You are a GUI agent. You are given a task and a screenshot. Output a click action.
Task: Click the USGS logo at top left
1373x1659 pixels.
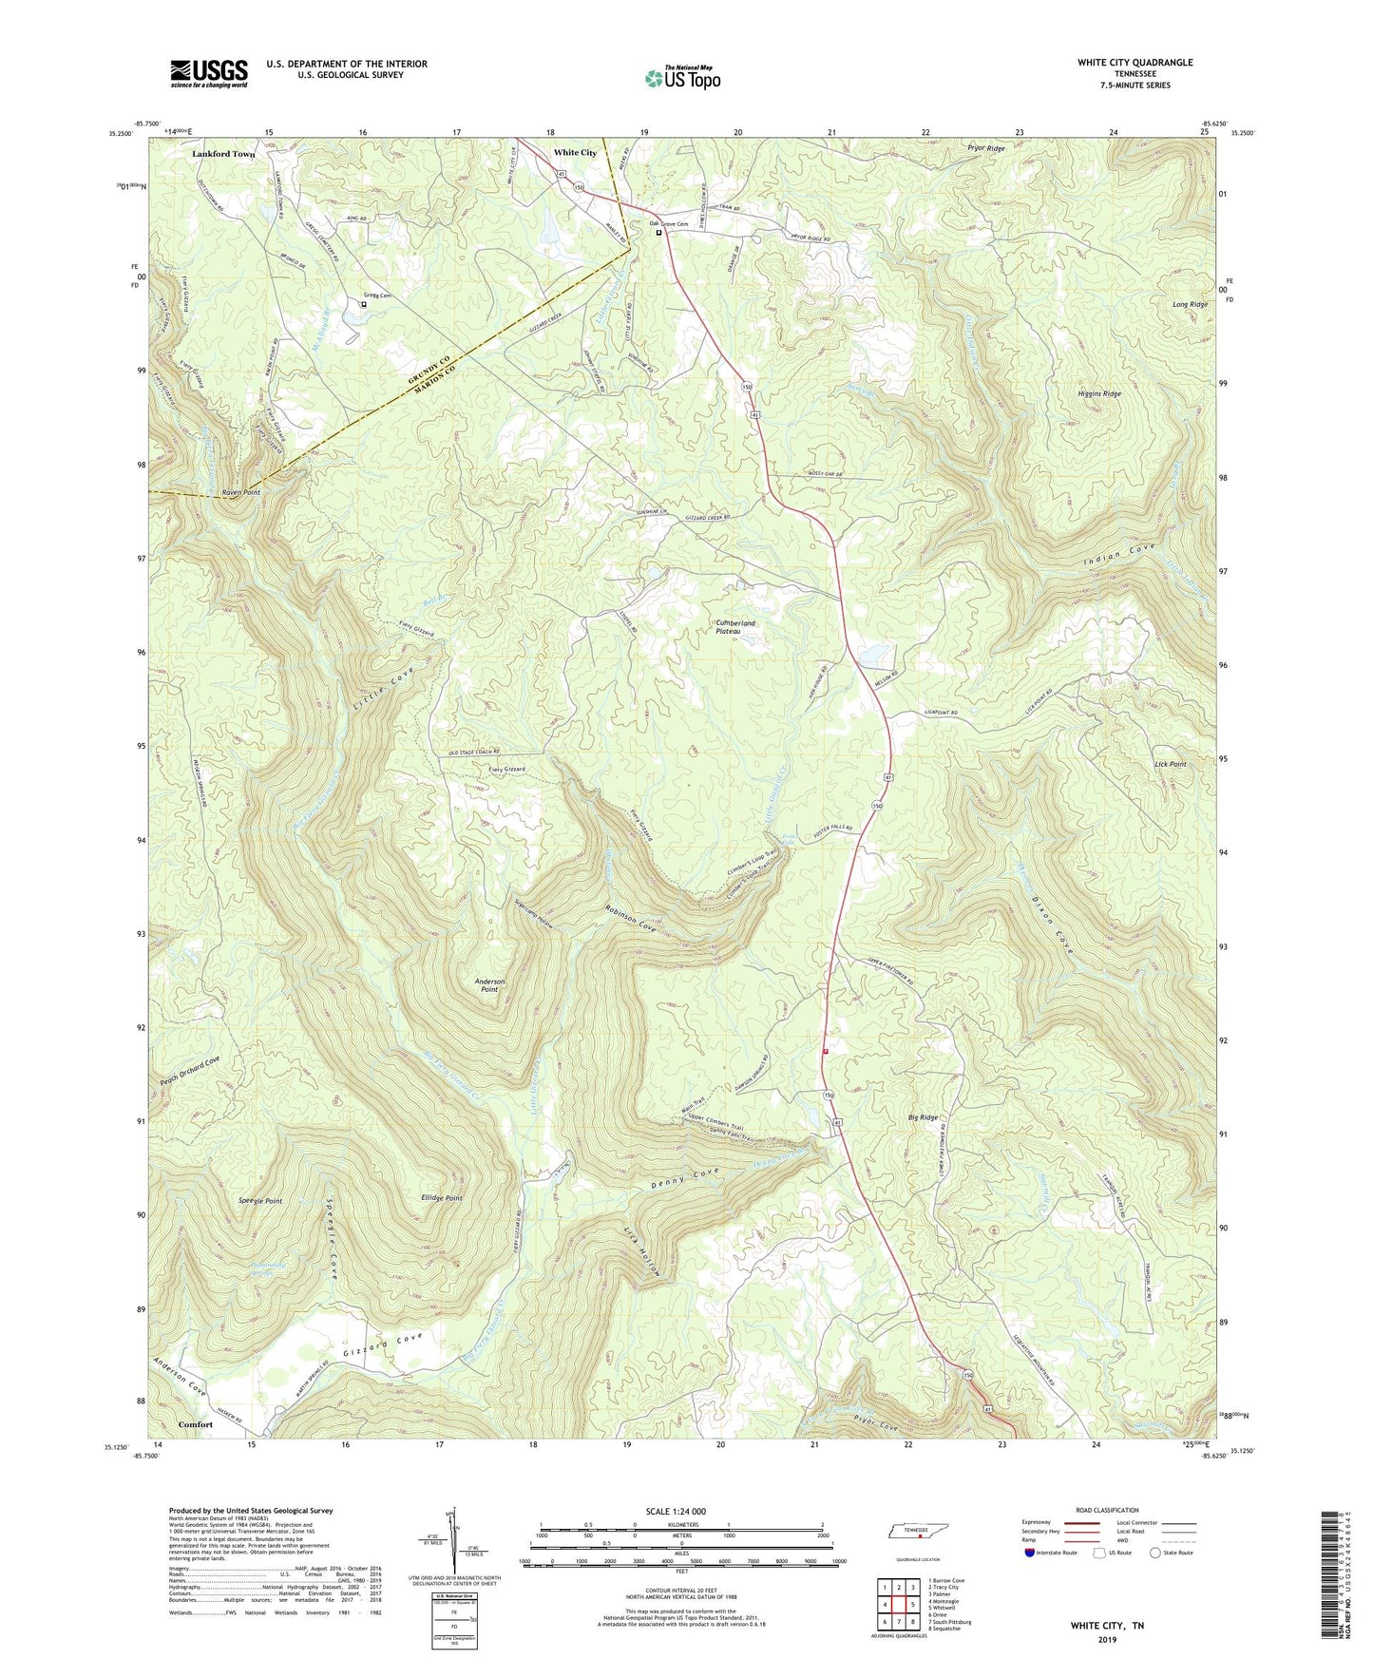pyautogui.click(x=209, y=73)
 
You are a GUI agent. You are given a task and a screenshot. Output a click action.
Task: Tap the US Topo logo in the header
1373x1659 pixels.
pyautogui.click(x=682, y=79)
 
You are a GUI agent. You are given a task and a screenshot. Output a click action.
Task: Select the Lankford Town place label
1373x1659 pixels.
pyautogui.click(x=223, y=154)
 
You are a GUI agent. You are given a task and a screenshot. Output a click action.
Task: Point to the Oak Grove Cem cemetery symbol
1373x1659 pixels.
pyautogui.click(x=658, y=231)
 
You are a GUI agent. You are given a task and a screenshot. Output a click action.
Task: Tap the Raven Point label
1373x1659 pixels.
pyautogui.click(x=240, y=493)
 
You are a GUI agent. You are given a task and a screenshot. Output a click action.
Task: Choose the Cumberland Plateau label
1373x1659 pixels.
pyautogui.click(x=735, y=627)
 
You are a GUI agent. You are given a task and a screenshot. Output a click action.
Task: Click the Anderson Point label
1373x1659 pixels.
pyautogui.click(x=490, y=985)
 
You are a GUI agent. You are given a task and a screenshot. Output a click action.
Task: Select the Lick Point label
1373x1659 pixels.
pyautogui.click(x=1170, y=764)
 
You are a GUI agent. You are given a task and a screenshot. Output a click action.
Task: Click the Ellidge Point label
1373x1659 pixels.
pyautogui.click(x=441, y=1198)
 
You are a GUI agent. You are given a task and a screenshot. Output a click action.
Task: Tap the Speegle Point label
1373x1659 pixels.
pyautogui.click(x=259, y=1201)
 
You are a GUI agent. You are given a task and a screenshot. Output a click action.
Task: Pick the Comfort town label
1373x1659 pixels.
pyautogui.click(x=196, y=1424)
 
